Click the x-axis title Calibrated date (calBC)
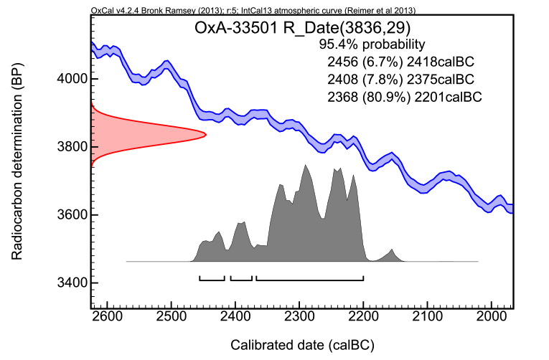[301, 345]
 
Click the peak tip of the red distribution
[205, 134]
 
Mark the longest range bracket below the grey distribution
[309, 278]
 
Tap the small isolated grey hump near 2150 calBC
[391, 255]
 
